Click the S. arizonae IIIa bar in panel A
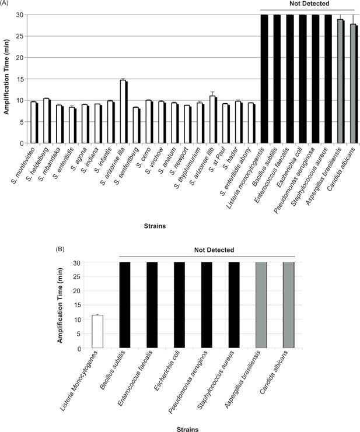click(123, 111)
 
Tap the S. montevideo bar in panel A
click(34, 122)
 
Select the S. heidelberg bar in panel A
click(47, 121)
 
